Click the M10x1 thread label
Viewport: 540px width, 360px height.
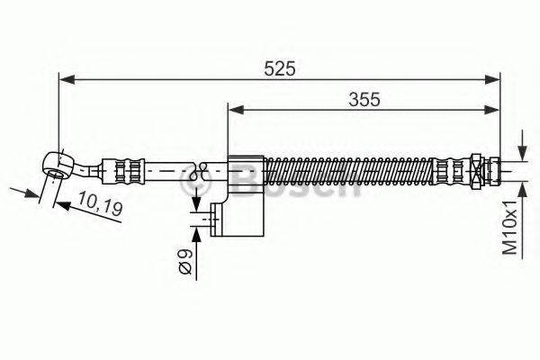click(x=510, y=224)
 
